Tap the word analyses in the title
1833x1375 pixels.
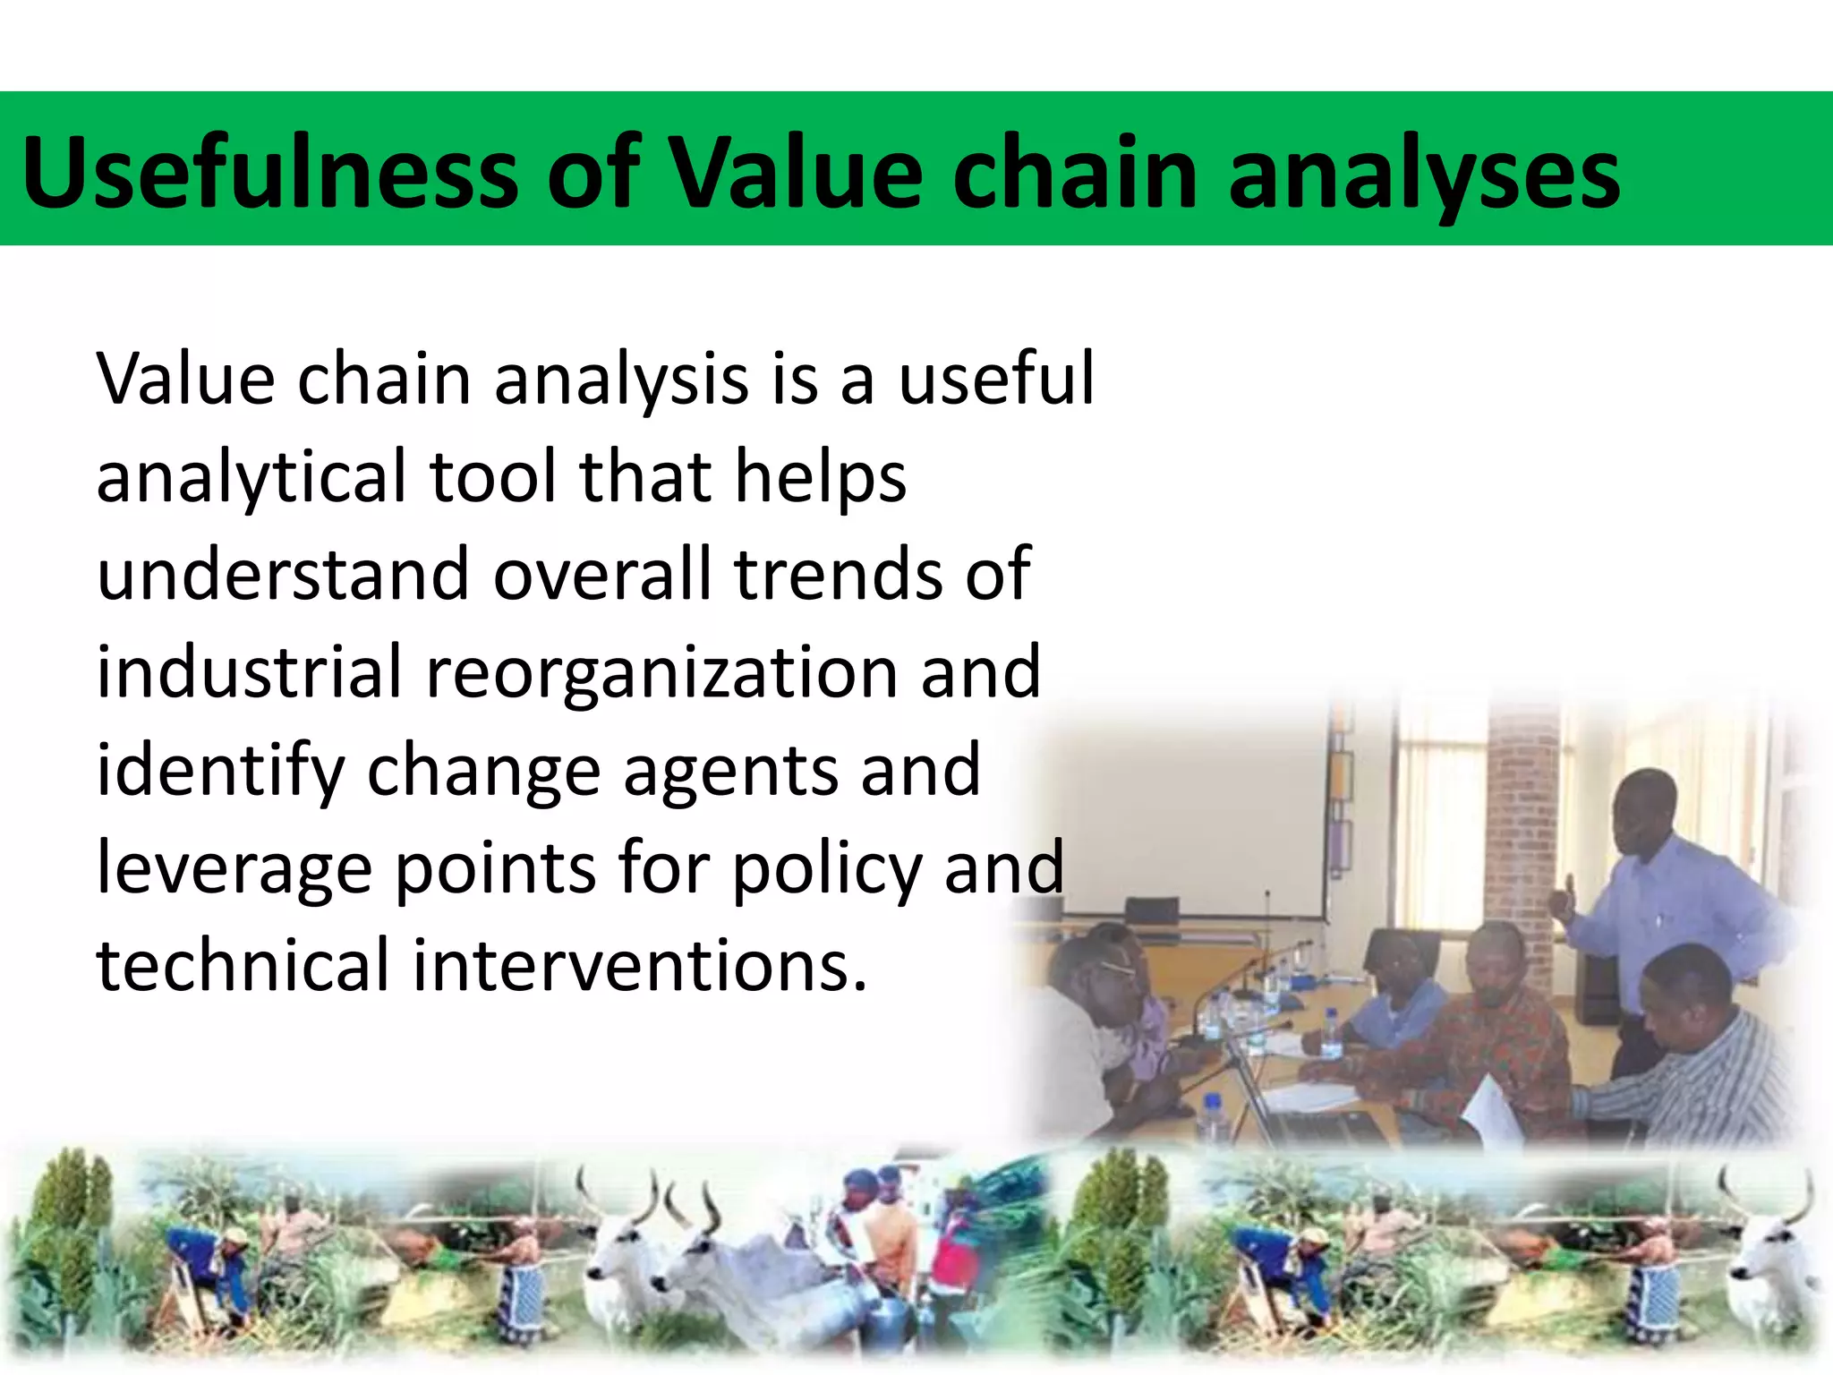1423,175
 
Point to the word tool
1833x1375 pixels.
493,476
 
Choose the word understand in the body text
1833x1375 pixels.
283,574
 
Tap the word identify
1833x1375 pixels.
219,772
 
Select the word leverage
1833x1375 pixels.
233,870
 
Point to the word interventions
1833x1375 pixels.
639,967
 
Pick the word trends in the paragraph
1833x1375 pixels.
837,574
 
